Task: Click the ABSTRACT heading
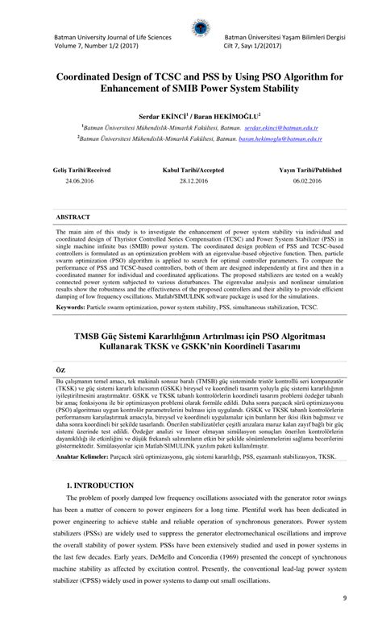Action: [73, 217]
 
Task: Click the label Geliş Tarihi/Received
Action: [81, 171]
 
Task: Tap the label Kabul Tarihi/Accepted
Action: [193, 171]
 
